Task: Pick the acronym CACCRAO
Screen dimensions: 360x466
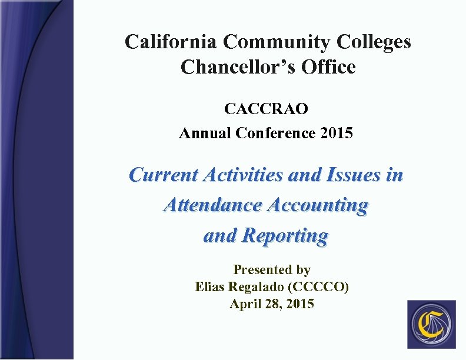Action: click(x=266, y=109)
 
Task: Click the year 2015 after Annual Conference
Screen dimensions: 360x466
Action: click(x=337, y=134)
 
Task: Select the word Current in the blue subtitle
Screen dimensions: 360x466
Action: click(x=164, y=175)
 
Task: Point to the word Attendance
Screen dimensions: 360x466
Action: click(x=213, y=205)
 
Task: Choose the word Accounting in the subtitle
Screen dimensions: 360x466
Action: click(x=317, y=205)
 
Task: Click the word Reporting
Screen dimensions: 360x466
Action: click(x=285, y=235)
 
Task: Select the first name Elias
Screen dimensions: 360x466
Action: click(x=209, y=287)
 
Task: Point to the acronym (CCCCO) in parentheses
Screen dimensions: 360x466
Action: click(x=322, y=287)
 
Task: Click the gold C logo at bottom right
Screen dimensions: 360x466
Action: click(x=431, y=325)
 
